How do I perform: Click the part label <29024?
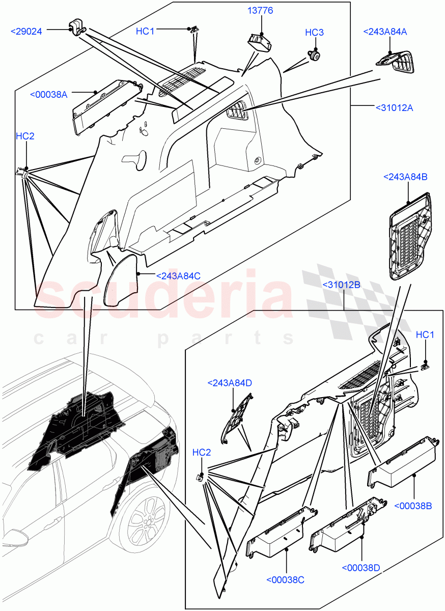point(30,32)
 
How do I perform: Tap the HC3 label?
point(314,33)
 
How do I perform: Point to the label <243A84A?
point(385,32)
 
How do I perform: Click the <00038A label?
point(49,94)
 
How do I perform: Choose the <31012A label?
point(394,107)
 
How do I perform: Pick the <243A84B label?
point(405,177)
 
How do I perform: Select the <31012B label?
point(341,285)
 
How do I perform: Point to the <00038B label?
point(413,506)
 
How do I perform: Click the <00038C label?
point(285,579)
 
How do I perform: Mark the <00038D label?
point(361,568)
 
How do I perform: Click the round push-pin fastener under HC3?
point(314,52)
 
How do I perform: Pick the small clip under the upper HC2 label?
point(23,172)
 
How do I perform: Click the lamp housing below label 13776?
point(260,40)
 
